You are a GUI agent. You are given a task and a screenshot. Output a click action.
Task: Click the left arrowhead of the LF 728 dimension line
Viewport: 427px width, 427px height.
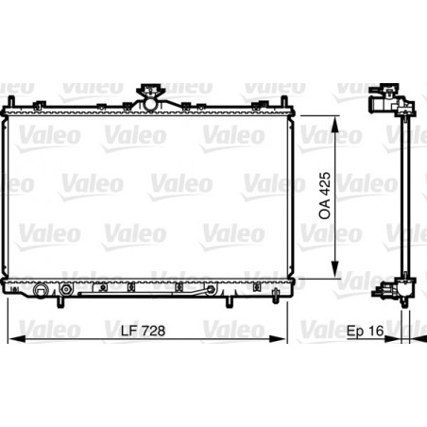(10, 339)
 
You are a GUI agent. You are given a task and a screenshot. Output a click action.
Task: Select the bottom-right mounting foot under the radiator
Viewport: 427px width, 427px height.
(230, 302)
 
